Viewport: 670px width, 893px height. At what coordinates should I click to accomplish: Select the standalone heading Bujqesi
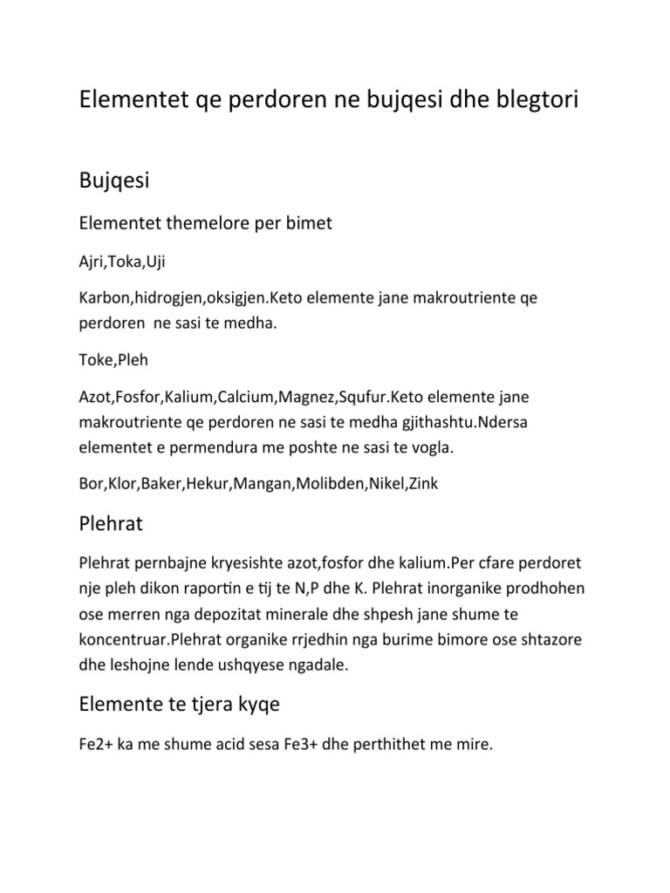click(x=114, y=181)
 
